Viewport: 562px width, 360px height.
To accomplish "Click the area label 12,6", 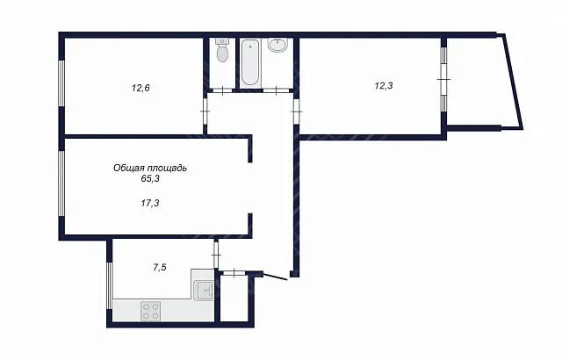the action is tap(140, 88).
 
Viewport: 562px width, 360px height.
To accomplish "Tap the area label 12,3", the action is tap(384, 86).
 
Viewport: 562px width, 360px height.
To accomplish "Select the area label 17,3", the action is tap(150, 204).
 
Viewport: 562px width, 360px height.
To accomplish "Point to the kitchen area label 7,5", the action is tap(160, 267).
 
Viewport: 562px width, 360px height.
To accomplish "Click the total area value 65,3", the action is tap(150, 179).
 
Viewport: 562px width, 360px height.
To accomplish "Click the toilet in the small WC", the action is tap(222, 50).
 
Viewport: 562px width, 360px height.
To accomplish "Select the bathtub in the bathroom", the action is tap(249, 62).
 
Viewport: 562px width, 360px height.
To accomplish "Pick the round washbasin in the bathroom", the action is tap(277, 45).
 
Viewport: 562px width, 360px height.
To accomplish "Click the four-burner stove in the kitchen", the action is tap(150, 311).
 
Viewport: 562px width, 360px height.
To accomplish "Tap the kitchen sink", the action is tap(204, 290).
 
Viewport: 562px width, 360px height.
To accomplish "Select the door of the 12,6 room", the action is tap(205, 112).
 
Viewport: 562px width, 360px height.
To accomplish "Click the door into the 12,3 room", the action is tap(296, 112).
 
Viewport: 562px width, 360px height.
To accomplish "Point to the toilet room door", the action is tap(222, 90).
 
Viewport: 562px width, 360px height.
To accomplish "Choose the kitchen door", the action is tap(216, 255).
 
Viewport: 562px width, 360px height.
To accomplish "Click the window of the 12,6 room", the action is tap(61, 83).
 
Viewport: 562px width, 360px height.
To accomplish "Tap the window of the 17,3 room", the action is tap(61, 184).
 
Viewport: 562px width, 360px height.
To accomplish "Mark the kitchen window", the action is tap(109, 285).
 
